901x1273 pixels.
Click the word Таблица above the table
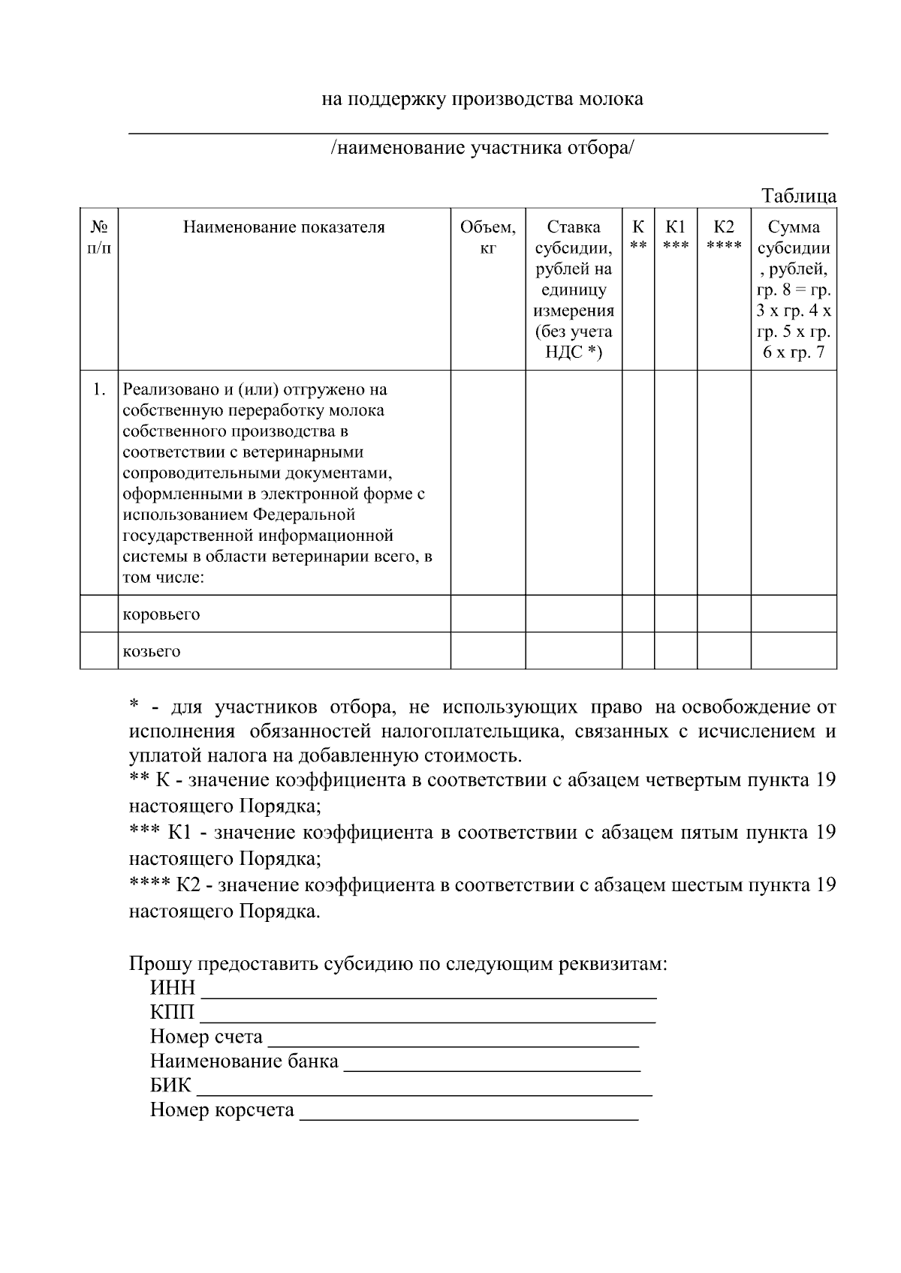pyautogui.click(x=799, y=197)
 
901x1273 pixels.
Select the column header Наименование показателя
pyautogui.click(x=284, y=227)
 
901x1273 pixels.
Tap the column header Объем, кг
pyautogui.click(x=487, y=237)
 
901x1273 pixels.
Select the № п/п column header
pyautogui.click(x=99, y=237)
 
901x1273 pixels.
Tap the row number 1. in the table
pyautogui.click(x=99, y=389)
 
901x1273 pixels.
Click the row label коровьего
pyautogui.click(x=161, y=614)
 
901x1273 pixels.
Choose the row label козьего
pyautogui.click(x=152, y=651)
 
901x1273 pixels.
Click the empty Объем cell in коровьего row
pyautogui.click(x=487, y=614)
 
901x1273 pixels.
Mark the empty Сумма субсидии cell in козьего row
pyautogui.click(x=794, y=650)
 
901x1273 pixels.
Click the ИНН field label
pyautogui.click(x=173, y=988)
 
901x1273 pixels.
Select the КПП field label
pyautogui.click(x=173, y=1013)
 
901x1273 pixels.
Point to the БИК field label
pyautogui.click(x=171, y=1085)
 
